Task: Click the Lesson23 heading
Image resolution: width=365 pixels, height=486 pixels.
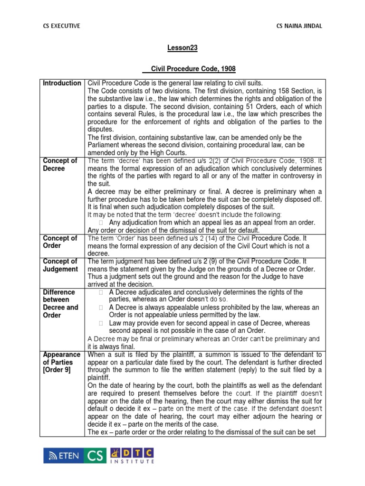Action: tap(182, 48)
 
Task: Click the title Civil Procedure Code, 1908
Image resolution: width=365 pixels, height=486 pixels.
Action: tap(182, 69)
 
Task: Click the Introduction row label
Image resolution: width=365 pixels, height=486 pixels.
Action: tap(62, 83)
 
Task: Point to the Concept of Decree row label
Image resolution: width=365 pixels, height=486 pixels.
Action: tap(60, 165)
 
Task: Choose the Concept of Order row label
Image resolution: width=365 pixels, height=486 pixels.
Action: tap(60, 242)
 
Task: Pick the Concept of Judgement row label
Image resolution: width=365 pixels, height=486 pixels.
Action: tap(60, 265)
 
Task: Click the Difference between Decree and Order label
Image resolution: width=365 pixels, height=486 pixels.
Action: tap(60, 304)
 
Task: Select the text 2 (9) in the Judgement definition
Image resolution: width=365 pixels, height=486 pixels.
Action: tap(198, 261)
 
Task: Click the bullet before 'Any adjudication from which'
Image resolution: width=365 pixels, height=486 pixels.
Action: tap(101, 222)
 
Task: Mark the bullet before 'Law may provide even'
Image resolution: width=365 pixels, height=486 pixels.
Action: tap(101, 323)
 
